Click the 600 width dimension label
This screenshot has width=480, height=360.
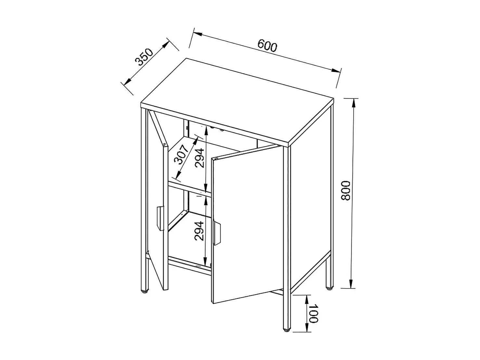tap(267, 46)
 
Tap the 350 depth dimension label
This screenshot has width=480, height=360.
tap(144, 57)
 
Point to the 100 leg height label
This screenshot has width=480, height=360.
tap(313, 313)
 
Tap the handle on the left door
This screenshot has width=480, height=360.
tap(160, 218)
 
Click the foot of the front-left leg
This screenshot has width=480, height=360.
tap(144, 291)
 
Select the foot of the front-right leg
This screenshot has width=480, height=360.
tap(286, 331)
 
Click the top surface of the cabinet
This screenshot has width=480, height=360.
tap(237, 101)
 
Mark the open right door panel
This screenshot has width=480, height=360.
tap(247, 224)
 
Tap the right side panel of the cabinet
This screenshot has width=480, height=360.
tap(310, 208)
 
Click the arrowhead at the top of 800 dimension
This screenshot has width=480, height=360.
tap(354, 102)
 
